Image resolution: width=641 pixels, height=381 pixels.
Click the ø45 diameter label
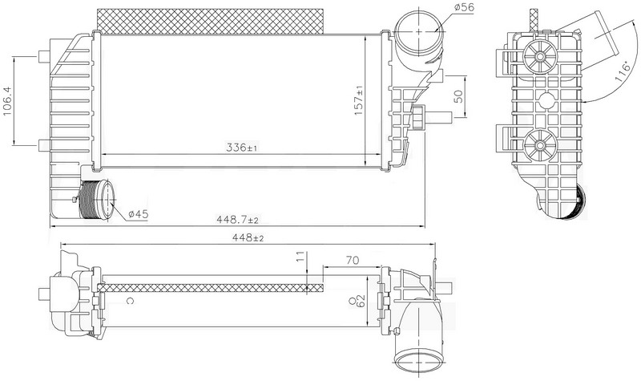pyautogui.click(x=138, y=214)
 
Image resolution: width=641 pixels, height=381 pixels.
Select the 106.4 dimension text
pyautogui.click(x=7, y=101)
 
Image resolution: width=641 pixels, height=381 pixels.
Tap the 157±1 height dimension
pyautogui.click(x=359, y=100)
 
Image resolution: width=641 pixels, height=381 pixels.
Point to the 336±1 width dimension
pyautogui.click(x=242, y=147)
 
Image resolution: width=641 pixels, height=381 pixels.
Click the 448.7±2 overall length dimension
pyautogui.click(x=237, y=220)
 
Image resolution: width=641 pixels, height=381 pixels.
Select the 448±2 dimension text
pyautogui.click(x=248, y=237)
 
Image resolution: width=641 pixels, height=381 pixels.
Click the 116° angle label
pyautogui.click(x=623, y=73)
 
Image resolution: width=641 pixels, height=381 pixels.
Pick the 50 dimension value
pyautogui.click(x=458, y=96)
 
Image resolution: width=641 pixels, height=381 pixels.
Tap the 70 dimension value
pyautogui.click(x=353, y=260)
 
